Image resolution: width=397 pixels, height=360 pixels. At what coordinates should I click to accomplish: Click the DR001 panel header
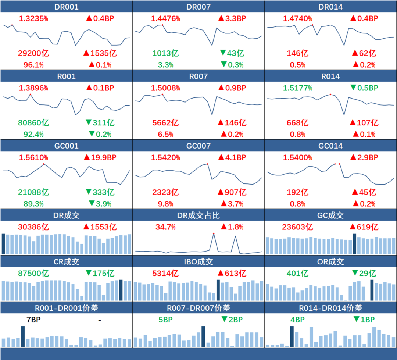pyautogui.click(x=66, y=7)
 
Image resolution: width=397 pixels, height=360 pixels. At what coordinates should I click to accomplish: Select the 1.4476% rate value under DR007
pyautogui.click(x=165, y=18)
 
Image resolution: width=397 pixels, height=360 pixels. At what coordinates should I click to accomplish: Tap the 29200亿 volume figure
pyautogui.click(x=33, y=53)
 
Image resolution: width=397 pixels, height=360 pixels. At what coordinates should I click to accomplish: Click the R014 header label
pyautogui.click(x=330, y=76)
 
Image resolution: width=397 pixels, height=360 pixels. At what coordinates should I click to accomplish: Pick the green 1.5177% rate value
pyautogui.click(x=298, y=88)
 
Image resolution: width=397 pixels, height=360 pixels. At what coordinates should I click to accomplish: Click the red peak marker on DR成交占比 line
pyautogui.click(x=214, y=234)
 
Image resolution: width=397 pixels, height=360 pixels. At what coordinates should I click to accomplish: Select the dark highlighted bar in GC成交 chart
pyautogui.click(x=355, y=243)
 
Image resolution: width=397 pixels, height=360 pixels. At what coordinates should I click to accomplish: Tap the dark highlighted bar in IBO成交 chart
pyautogui.click(x=218, y=291)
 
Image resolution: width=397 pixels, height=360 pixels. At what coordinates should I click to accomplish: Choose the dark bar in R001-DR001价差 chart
pyautogui.click(x=23, y=336)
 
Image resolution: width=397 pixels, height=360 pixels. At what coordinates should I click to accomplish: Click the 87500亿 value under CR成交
pyautogui.click(x=33, y=274)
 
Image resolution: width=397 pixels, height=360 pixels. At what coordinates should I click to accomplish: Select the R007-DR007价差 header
pyautogui.click(x=198, y=308)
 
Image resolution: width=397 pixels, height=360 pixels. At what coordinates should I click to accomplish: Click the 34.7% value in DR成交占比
pyautogui.click(x=165, y=227)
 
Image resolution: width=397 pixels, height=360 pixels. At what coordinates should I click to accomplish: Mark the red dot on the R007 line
pyautogui.click(x=162, y=95)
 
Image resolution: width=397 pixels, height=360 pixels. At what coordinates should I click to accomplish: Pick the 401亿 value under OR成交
pyautogui.click(x=298, y=274)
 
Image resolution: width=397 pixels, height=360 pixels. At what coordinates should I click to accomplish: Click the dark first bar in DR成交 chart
pyautogui.click(x=3, y=243)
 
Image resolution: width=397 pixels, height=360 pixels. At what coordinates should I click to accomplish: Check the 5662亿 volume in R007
pyautogui.click(x=165, y=122)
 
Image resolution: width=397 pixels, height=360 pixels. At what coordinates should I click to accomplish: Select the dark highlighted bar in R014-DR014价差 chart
pyautogui.click(x=292, y=336)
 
